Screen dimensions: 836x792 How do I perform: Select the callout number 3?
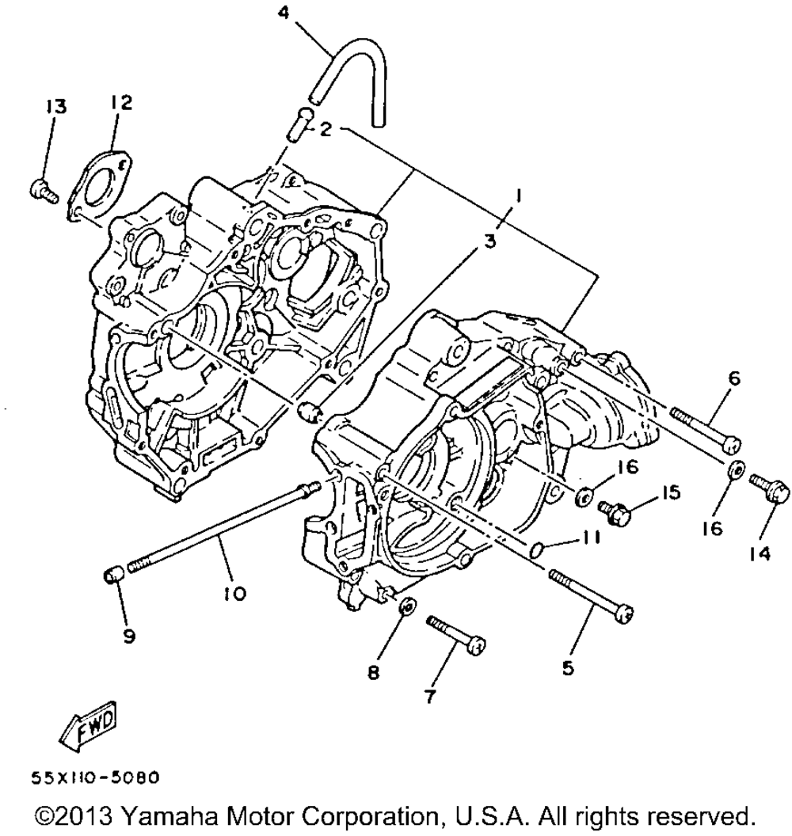[490, 241]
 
